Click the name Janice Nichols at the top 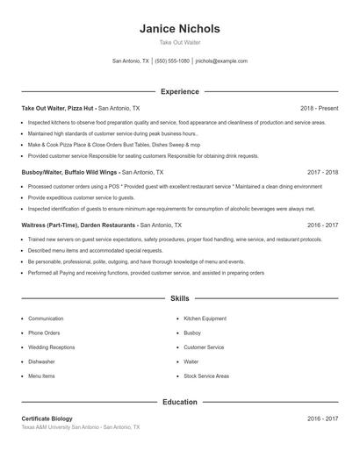(179, 28)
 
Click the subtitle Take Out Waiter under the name (179, 42)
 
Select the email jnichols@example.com (221, 61)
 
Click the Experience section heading (179, 91)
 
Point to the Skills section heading (179, 299)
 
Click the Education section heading (179, 403)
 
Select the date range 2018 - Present (319, 108)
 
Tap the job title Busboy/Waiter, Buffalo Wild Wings (70, 173)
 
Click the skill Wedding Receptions (52, 347)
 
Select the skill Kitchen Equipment (205, 318)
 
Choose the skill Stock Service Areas (206, 376)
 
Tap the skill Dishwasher (41, 361)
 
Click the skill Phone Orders (45, 333)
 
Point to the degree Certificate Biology (47, 418)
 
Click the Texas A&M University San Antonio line (80, 427)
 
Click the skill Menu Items (41, 376)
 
